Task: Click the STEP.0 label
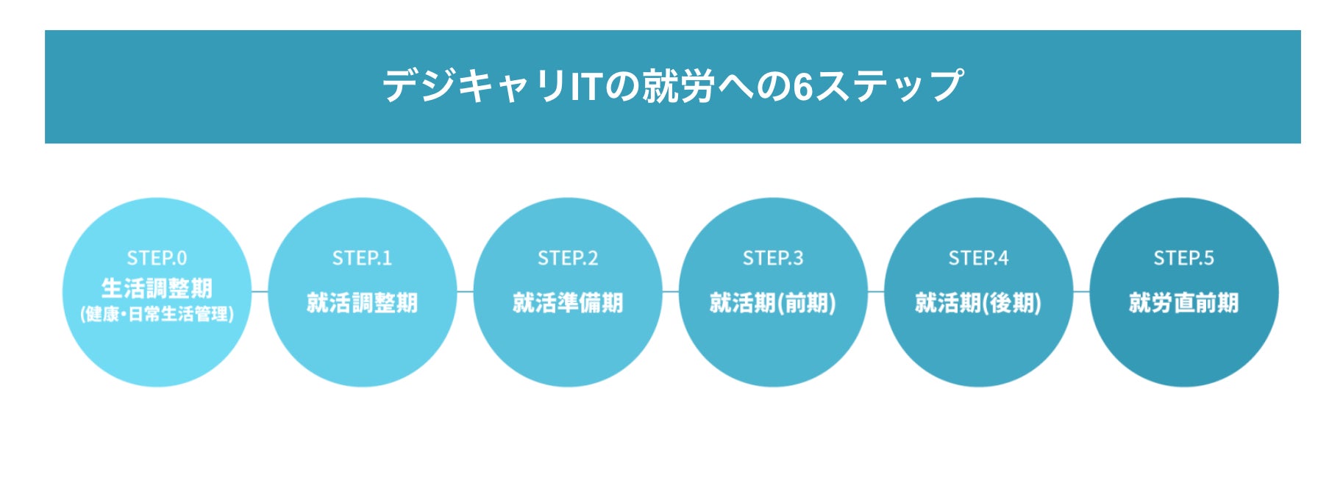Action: (157, 258)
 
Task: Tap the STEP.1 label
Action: (362, 258)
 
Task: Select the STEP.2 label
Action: (568, 258)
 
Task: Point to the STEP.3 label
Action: (773, 258)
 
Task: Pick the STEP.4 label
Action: (978, 258)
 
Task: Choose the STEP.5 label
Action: (1183, 258)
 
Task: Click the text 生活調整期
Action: (157, 287)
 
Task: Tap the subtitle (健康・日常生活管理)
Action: (157, 315)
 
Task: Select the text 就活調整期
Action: (362, 302)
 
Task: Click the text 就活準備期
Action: (568, 302)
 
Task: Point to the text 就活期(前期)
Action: (773, 302)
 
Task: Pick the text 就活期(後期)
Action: (978, 302)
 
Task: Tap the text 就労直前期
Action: (1183, 302)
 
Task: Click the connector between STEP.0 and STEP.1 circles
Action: (260, 292)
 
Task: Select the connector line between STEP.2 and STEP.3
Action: (670, 292)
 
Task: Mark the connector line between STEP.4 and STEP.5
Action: (1081, 292)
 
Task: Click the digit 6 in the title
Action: (802, 86)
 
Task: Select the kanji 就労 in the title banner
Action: (678, 86)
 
